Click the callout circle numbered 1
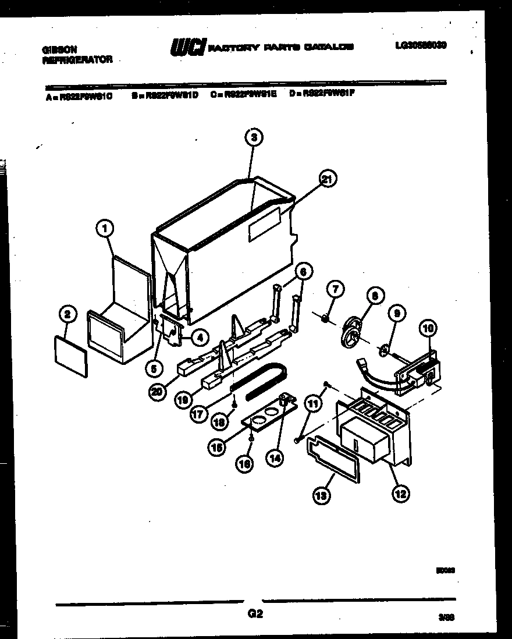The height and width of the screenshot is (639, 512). (105, 229)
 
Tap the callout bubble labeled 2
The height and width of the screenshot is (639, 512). (68, 315)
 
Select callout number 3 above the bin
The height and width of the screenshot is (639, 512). (253, 137)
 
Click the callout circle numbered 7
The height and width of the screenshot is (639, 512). (336, 289)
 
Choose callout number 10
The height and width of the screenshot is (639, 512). (428, 328)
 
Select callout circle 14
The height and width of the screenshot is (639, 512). (275, 457)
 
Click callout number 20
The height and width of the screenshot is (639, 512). (156, 392)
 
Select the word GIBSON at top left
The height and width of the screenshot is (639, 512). (60, 50)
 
